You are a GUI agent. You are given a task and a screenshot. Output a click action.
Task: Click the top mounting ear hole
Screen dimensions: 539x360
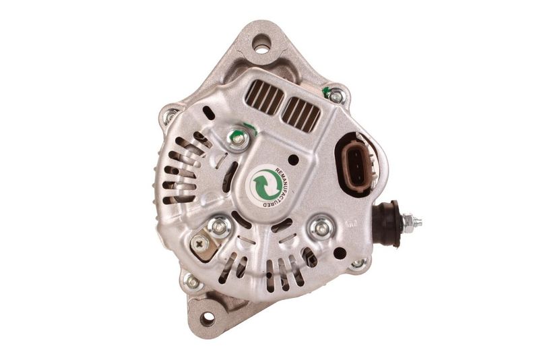(x=262, y=44)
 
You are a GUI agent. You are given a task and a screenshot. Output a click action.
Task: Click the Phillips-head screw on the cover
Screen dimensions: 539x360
(x=199, y=244)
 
